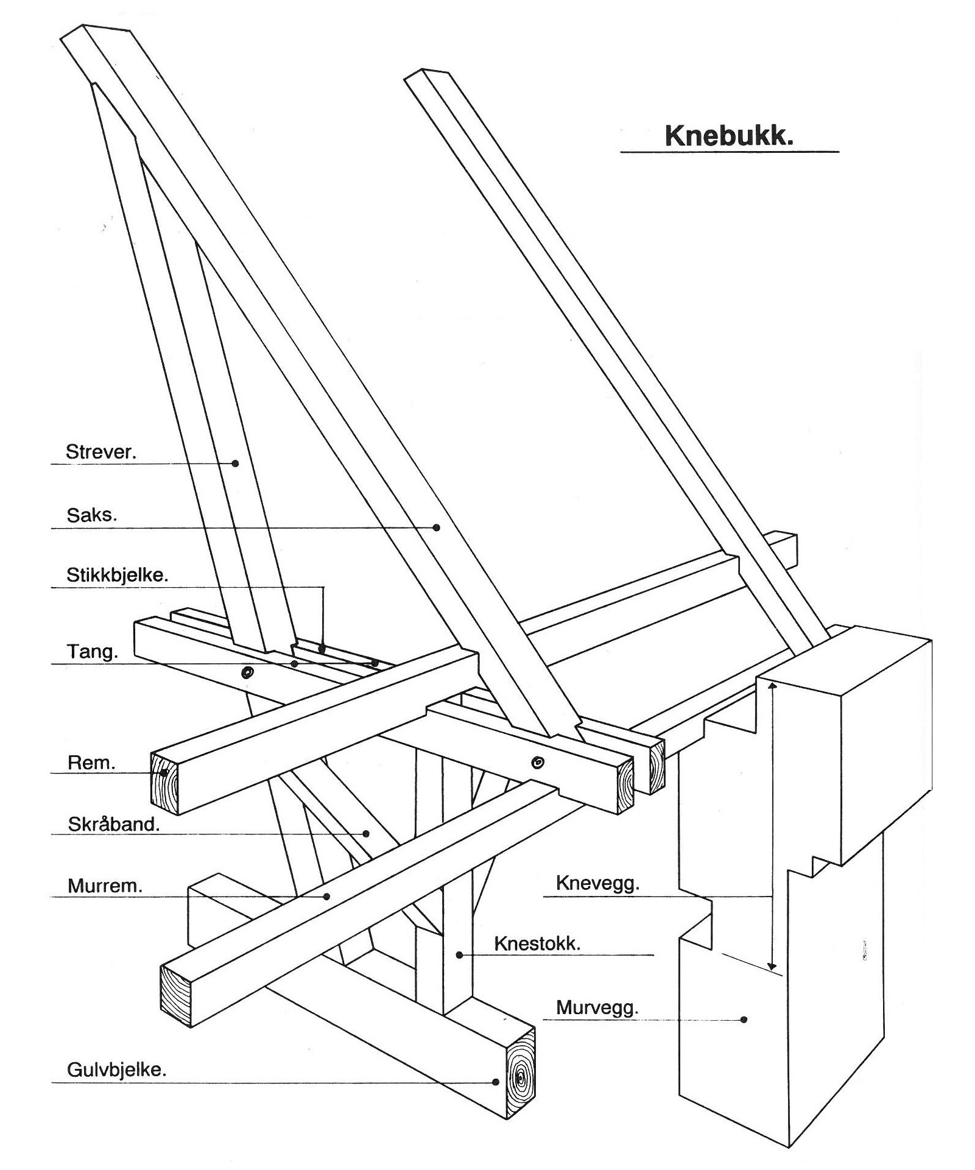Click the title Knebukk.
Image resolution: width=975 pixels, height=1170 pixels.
pyautogui.click(x=729, y=135)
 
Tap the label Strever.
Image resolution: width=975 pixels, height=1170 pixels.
pyautogui.click(x=101, y=451)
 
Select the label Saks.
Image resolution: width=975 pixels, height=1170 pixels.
pyautogui.click(x=91, y=515)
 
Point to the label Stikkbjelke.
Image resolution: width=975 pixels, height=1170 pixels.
pyautogui.click(x=117, y=574)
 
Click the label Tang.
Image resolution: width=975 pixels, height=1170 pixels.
pyautogui.click(x=92, y=651)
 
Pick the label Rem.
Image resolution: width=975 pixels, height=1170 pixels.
pyautogui.click(x=91, y=763)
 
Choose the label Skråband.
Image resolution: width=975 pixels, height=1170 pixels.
pyautogui.click(x=113, y=824)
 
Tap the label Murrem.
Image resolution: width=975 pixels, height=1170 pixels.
pyautogui.click(x=105, y=885)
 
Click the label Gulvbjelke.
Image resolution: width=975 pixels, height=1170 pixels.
pyautogui.click(x=116, y=1070)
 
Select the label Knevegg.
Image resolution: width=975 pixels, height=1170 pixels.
pyautogui.click(x=597, y=883)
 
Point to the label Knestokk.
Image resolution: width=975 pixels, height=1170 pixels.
pyautogui.click(x=537, y=943)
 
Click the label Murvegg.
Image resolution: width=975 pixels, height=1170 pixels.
pyautogui.click(x=597, y=1007)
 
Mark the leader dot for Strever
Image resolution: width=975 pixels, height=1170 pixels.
pyautogui.click(x=236, y=463)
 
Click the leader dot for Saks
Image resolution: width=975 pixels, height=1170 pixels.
pyautogui.click(x=437, y=527)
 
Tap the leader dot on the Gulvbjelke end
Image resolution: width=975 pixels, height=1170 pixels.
pyautogui.click(x=496, y=1082)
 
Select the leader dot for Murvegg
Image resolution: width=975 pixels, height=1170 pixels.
pyautogui.click(x=744, y=1019)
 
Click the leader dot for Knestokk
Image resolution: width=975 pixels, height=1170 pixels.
pyautogui.click(x=460, y=955)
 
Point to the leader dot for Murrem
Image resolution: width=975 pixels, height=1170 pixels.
pyautogui.click(x=327, y=897)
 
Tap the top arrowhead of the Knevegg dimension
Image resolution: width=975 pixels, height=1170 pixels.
pyautogui.click(x=772, y=686)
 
